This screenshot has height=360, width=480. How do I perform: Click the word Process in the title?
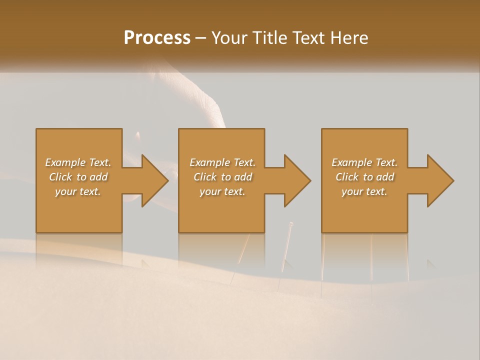click(x=157, y=38)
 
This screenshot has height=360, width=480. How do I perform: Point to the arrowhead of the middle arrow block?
click(x=297, y=180)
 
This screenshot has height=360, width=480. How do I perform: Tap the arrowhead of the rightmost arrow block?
click(x=440, y=180)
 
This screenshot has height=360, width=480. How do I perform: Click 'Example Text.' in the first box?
click(x=78, y=162)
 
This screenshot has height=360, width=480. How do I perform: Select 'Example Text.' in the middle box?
click(x=222, y=162)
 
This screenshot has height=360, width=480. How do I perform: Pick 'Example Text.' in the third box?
click(x=364, y=162)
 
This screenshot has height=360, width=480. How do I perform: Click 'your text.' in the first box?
click(x=78, y=191)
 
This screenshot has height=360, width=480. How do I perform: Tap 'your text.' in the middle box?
click(x=222, y=191)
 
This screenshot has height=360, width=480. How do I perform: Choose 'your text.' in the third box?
click(x=364, y=191)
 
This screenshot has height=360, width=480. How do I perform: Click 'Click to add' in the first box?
click(x=78, y=177)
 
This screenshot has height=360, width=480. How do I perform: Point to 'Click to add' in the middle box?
click(x=222, y=177)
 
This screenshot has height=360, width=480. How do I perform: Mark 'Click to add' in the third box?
click(x=364, y=177)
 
